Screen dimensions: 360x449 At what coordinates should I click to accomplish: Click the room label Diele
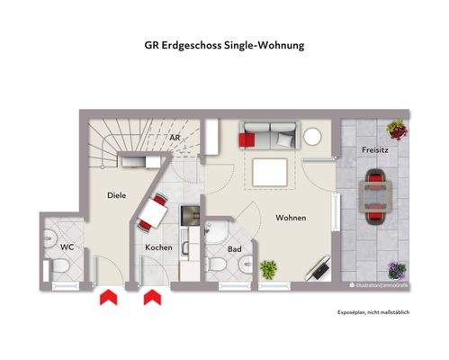(x=116, y=194)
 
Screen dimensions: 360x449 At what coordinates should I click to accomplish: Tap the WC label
(x=67, y=247)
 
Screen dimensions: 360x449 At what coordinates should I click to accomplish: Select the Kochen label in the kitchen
(x=158, y=247)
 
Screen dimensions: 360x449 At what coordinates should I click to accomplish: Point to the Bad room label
(x=234, y=248)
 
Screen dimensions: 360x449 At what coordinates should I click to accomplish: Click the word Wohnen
(x=291, y=218)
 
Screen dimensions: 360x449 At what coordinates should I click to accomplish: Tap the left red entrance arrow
(x=108, y=297)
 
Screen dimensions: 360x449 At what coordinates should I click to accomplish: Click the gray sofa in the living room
(x=266, y=137)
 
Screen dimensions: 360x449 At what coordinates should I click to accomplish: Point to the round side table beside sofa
(x=312, y=137)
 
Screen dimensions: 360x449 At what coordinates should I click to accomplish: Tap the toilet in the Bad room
(x=217, y=266)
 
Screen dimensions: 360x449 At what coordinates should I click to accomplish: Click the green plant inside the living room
(x=267, y=268)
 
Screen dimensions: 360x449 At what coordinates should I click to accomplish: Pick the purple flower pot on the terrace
(x=395, y=268)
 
